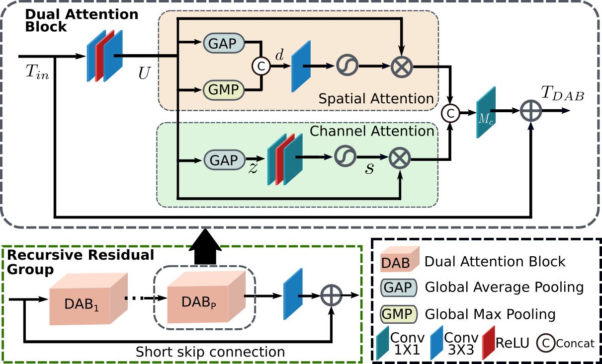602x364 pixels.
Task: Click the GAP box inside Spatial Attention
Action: (x=223, y=43)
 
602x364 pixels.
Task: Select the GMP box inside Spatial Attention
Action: (x=223, y=90)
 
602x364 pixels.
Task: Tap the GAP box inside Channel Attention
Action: (x=223, y=160)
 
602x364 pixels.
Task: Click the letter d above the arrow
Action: (x=280, y=55)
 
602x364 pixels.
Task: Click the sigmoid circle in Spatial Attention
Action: (x=347, y=65)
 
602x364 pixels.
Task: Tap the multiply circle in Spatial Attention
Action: (x=402, y=65)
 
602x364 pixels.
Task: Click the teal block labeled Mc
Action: (x=486, y=112)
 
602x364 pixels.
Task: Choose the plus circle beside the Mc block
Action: (x=530, y=111)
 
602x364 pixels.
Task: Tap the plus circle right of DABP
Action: (x=332, y=295)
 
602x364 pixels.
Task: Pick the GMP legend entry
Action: (x=399, y=314)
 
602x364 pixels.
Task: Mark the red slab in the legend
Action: (x=488, y=343)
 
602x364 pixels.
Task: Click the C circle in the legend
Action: (x=545, y=343)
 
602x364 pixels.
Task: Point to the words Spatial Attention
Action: (x=376, y=99)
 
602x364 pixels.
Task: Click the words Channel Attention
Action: (x=372, y=131)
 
